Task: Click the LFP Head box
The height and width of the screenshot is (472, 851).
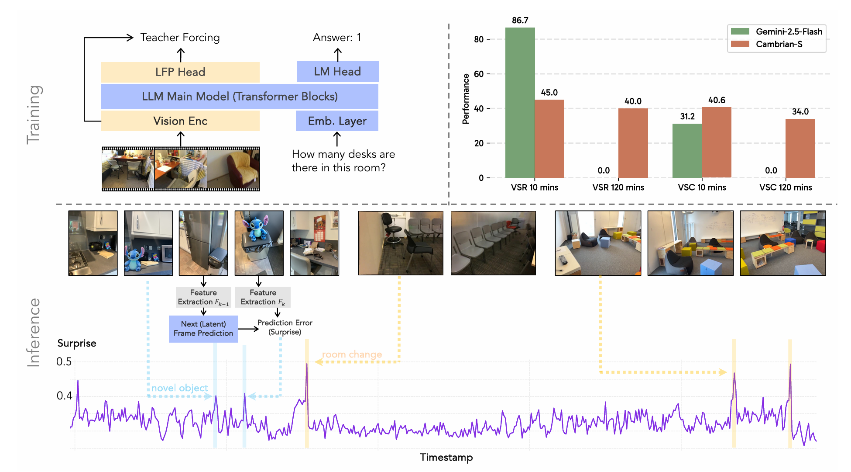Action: (180, 72)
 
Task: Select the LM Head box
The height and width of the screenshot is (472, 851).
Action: (337, 72)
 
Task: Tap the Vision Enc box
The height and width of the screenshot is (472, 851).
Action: (180, 121)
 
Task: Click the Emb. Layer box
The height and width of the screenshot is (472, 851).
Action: (337, 121)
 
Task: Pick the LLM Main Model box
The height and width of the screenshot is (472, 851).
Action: (240, 97)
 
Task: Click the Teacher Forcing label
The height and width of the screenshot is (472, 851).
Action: (180, 38)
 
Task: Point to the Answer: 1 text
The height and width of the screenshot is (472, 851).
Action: (337, 38)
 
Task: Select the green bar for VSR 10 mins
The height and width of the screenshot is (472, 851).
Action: (520, 103)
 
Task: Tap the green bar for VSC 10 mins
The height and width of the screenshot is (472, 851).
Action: (687, 151)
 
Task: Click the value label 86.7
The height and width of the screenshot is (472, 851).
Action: (520, 21)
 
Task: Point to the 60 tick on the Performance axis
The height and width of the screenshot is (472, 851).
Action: (479, 74)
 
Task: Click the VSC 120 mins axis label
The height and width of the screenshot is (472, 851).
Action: (786, 187)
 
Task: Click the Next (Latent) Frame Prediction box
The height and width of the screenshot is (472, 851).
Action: (203, 329)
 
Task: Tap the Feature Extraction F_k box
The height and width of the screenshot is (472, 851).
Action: (263, 297)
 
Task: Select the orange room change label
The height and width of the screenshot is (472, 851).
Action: (352, 354)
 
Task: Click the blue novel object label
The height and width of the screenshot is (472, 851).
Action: (179, 388)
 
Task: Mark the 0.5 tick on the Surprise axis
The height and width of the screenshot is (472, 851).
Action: (64, 362)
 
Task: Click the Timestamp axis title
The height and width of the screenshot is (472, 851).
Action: (446, 457)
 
